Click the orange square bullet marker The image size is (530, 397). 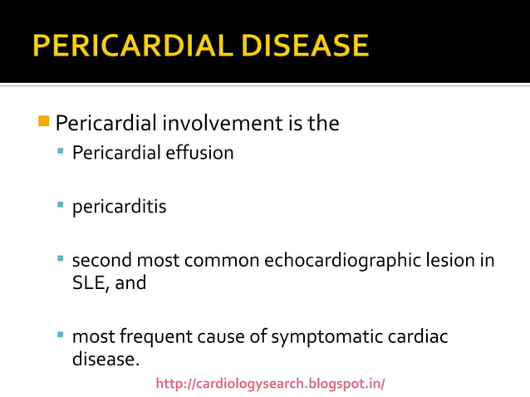(x=44, y=123)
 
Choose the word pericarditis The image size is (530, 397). (x=119, y=206)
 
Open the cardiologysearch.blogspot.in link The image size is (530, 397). (x=270, y=384)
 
